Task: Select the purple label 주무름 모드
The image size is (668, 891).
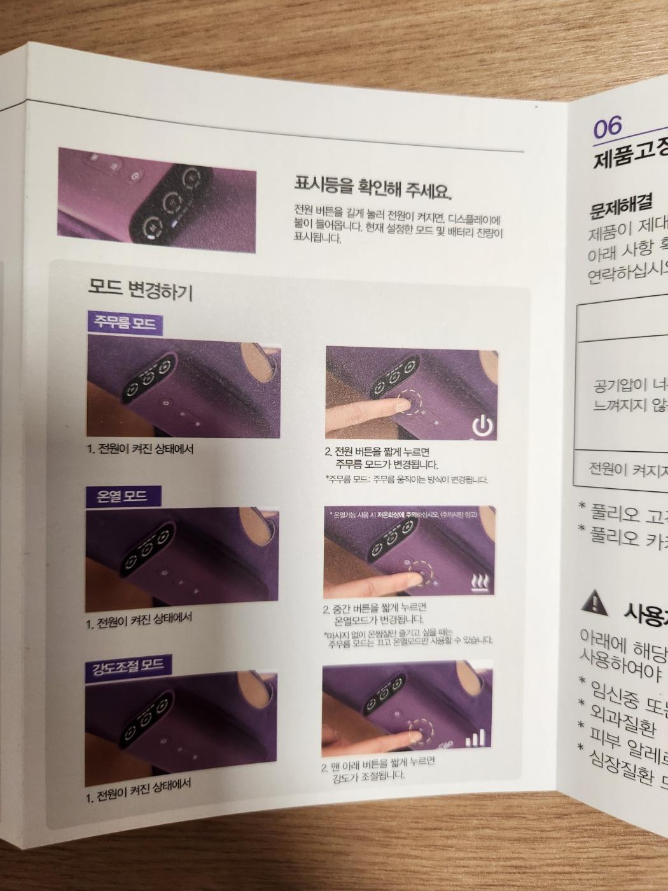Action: click(125, 323)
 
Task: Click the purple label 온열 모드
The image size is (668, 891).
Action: click(122, 495)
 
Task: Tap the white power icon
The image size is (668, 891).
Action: click(482, 425)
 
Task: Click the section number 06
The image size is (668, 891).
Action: click(607, 127)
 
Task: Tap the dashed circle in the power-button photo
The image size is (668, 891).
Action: click(407, 402)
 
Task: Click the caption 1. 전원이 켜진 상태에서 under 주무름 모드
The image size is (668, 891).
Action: click(140, 449)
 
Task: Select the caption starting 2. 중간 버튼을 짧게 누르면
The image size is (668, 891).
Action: click(375, 614)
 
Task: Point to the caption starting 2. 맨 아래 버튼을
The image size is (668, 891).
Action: click(379, 768)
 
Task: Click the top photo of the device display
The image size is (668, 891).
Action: click(157, 200)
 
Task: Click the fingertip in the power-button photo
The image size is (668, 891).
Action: click(396, 405)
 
